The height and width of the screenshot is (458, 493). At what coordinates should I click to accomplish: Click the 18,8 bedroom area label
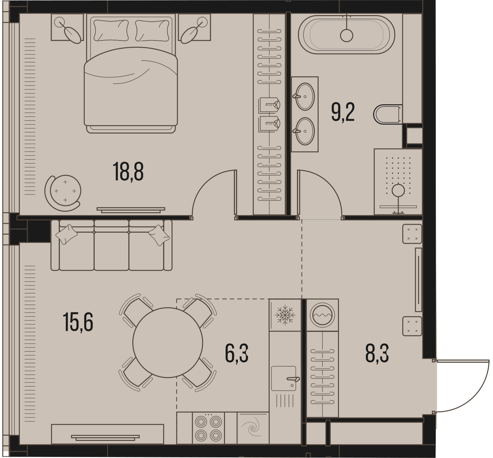(x=128, y=172)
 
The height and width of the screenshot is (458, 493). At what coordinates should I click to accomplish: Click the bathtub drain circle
(x=346, y=36)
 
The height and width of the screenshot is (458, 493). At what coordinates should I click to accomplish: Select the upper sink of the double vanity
(x=305, y=96)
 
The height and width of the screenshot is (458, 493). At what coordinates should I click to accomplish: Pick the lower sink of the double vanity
(x=305, y=131)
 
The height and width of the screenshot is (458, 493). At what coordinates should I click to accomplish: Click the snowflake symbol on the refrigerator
(x=285, y=315)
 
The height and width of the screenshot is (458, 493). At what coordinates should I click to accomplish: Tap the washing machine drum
(x=322, y=315)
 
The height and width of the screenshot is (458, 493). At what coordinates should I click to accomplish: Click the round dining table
(x=168, y=342)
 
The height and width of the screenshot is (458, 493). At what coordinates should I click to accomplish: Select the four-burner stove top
(x=208, y=428)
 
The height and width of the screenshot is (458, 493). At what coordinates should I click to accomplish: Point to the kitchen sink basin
(x=284, y=378)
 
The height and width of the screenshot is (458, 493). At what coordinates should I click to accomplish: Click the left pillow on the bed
(x=111, y=30)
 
